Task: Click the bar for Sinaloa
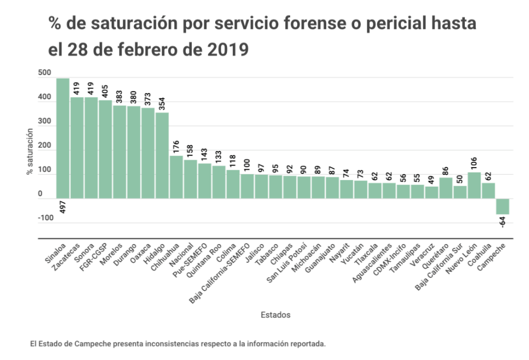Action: (x=63, y=139)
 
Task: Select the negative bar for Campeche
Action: (x=502, y=206)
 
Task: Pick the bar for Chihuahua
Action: (x=176, y=177)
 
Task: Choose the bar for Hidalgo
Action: (x=162, y=155)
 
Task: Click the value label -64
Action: (x=502, y=222)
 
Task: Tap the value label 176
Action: (x=176, y=147)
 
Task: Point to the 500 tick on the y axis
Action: (x=44, y=73)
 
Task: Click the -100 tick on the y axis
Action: (x=46, y=218)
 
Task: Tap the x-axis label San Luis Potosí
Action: (x=289, y=264)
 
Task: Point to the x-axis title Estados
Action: (x=275, y=314)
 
